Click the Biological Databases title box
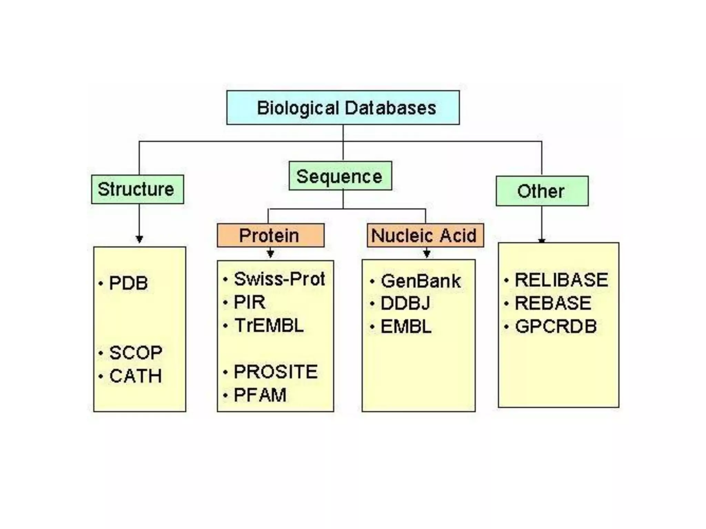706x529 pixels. click(x=343, y=108)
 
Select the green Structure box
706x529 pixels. click(x=137, y=189)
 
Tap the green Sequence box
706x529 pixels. click(x=340, y=176)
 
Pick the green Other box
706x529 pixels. click(x=542, y=191)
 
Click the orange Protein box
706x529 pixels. click(x=270, y=236)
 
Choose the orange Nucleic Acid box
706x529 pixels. click(x=425, y=236)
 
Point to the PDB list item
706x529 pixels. click(x=128, y=283)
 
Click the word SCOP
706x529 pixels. click(x=135, y=353)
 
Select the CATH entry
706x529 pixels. click(x=135, y=376)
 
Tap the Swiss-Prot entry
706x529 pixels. click(x=279, y=279)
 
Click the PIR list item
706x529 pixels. click(x=250, y=302)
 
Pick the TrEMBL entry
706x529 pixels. click(x=269, y=325)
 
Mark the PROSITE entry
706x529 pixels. click(x=275, y=372)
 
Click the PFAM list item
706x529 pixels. click(x=260, y=395)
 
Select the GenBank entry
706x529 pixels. click(x=421, y=281)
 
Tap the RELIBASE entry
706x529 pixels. click(x=561, y=280)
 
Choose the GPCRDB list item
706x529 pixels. click(x=556, y=326)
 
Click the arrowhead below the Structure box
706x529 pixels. click(x=139, y=239)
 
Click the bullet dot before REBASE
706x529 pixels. click(x=506, y=304)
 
